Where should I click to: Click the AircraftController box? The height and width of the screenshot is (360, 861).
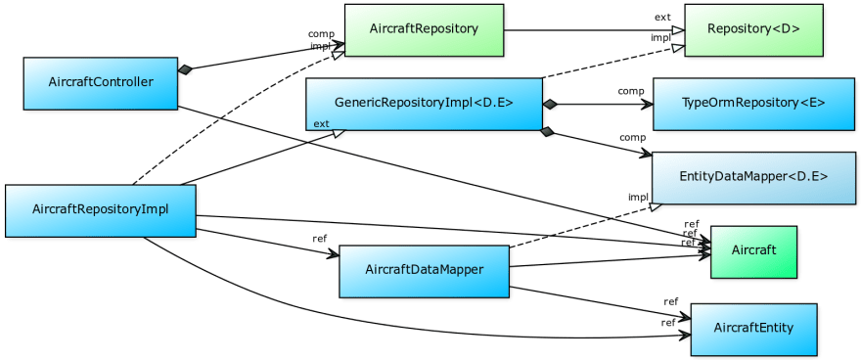pyautogui.click(x=101, y=82)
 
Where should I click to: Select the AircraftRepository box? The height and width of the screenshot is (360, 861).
pyautogui.click(x=424, y=29)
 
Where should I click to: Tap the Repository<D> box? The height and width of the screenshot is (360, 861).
pyautogui.click(x=752, y=29)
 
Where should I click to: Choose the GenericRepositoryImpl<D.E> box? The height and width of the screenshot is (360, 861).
pyautogui.click(x=424, y=103)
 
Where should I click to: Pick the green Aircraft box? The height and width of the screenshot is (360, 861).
pyautogui.click(x=753, y=250)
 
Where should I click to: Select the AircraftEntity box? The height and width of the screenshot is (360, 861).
pyautogui.click(x=753, y=327)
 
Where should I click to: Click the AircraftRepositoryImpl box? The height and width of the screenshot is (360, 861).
pyautogui.click(x=101, y=210)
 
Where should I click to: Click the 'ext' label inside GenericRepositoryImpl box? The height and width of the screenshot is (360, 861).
pyautogui.click(x=321, y=123)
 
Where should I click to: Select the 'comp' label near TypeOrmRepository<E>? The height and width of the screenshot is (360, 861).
pyautogui.click(x=630, y=91)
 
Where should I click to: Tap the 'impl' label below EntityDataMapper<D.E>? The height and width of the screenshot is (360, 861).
pyautogui.click(x=638, y=197)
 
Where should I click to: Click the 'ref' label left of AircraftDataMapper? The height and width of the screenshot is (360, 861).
pyautogui.click(x=319, y=238)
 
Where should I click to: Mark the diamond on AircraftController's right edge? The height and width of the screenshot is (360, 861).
pyautogui.click(x=186, y=69)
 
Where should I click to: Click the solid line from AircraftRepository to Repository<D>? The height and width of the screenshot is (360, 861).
pyautogui.click(x=587, y=29)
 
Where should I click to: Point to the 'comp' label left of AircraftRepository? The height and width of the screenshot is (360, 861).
pyautogui.click(x=321, y=34)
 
